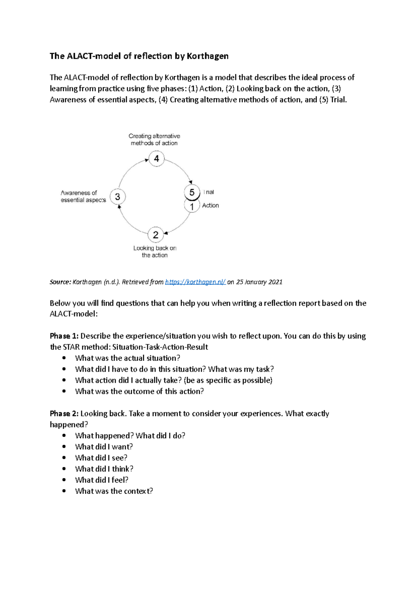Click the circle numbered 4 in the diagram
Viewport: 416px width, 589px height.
(x=156, y=159)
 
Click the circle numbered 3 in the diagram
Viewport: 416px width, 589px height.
(x=118, y=197)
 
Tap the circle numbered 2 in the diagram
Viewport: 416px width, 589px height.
(x=156, y=235)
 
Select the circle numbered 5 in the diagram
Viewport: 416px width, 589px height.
(x=192, y=192)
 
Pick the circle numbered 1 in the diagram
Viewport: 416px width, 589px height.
(x=192, y=207)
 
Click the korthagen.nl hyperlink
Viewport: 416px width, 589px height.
(x=195, y=282)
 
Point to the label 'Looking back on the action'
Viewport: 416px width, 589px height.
(x=155, y=251)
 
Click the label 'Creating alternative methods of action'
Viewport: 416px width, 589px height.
(x=154, y=139)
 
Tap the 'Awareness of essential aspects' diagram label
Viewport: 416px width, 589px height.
(x=83, y=196)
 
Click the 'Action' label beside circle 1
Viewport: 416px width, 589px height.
(x=210, y=205)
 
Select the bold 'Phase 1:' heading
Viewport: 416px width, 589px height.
(x=64, y=336)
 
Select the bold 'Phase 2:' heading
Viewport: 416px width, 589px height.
(x=64, y=413)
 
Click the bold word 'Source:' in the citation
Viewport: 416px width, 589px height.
(x=60, y=282)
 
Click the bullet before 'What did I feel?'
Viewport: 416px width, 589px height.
(x=64, y=480)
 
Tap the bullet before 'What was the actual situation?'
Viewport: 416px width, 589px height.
(x=64, y=358)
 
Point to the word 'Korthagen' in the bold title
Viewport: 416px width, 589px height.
(x=207, y=56)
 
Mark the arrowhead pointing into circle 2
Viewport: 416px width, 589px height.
(x=166, y=233)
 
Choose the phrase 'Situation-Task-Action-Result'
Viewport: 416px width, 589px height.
(x=160, y=347)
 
